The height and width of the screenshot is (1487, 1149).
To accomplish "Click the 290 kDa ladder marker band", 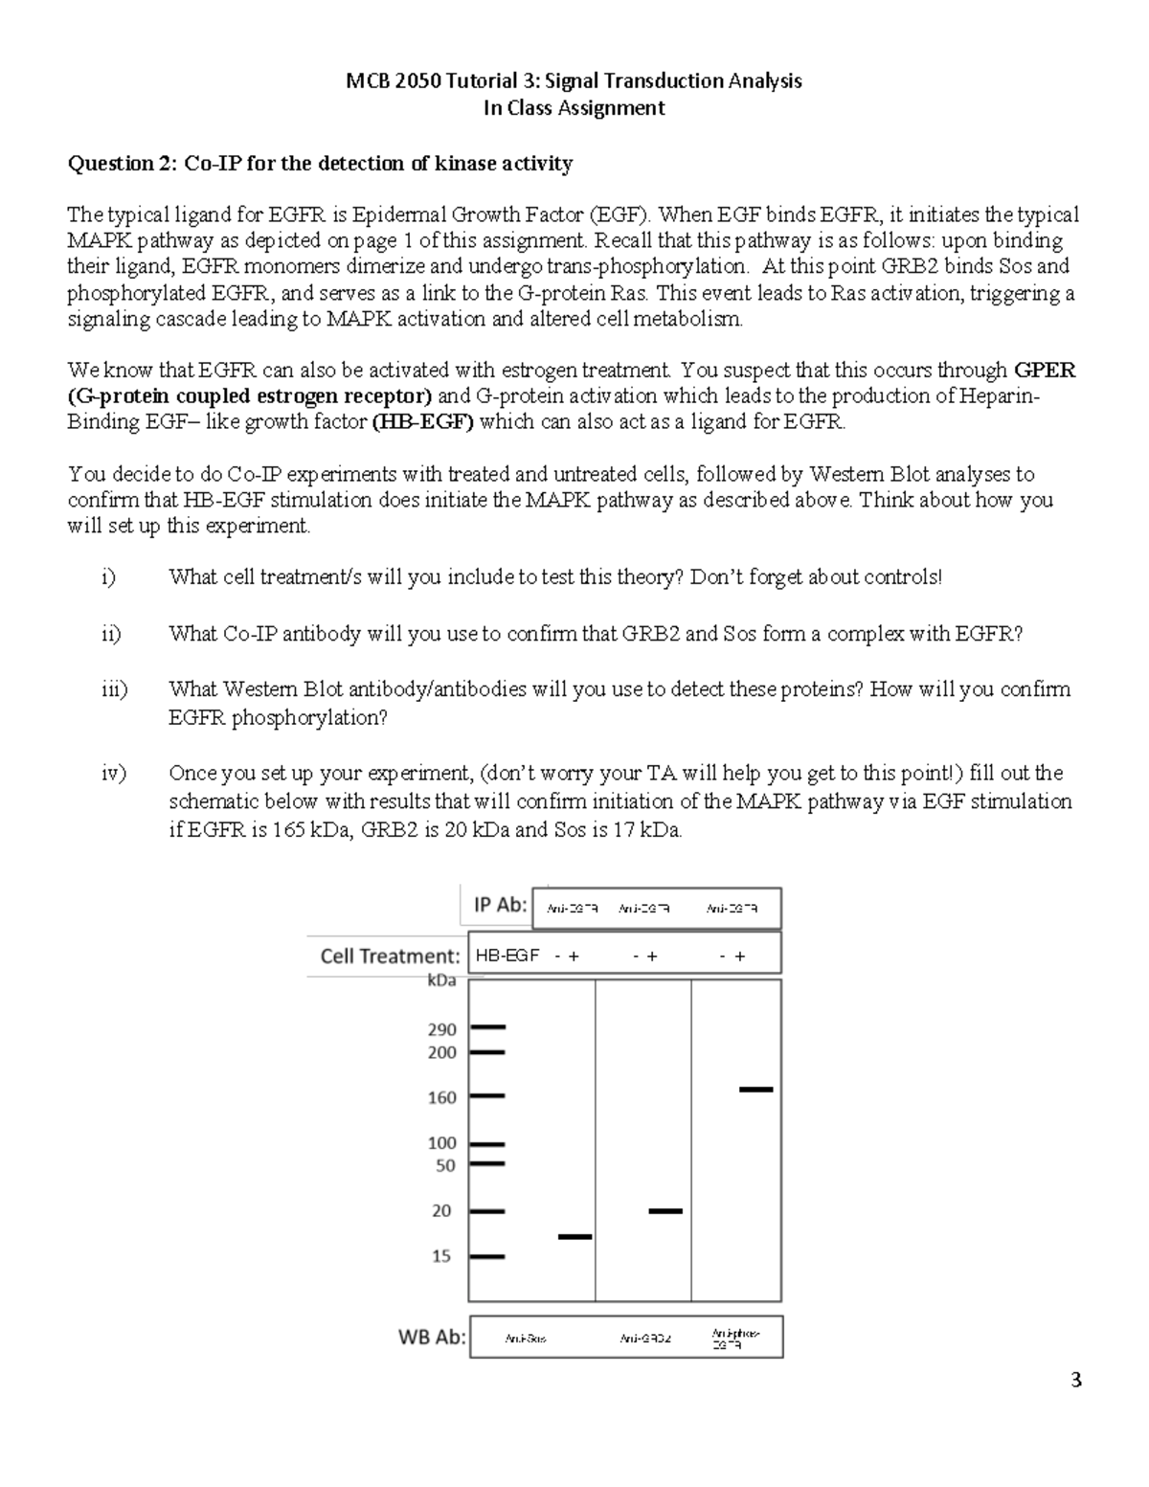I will tap(487, 1027).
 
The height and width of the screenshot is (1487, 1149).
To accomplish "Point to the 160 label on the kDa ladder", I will tap(441, 1097).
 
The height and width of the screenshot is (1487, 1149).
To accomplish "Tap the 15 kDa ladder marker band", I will tap(487, 1256).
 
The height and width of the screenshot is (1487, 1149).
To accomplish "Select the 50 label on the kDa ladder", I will tap(445, 1166).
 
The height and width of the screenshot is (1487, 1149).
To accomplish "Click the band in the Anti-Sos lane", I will tap(574, 1237).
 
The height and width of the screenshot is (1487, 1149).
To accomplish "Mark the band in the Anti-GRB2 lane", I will tap(665, 1211).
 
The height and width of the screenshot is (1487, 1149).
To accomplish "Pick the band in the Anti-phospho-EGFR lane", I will tap(755, 1090).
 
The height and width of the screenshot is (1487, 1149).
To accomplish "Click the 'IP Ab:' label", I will tap(501, 905).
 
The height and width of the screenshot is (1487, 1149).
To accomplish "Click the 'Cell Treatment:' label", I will tap(390, 956).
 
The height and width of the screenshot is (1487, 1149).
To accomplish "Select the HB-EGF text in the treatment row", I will tap(507, 956).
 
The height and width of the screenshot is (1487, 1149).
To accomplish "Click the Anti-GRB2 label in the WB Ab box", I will tap(644, 1339).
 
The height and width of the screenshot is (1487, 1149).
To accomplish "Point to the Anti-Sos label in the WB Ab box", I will tap(526, 1339).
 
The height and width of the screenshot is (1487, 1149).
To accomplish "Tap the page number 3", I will tap(1076, 1380).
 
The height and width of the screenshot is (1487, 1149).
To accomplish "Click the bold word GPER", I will tap(1045, 371).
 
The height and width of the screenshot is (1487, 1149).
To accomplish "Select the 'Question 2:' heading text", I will tap(122, 164).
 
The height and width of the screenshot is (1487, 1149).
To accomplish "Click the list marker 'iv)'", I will tap(114, 774).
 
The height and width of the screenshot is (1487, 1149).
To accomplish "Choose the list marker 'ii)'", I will tap(111, 634).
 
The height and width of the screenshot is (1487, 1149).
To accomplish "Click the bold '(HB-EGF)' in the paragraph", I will tap(422, 422).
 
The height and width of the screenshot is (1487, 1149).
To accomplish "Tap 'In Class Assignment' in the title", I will tap(574, 108).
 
